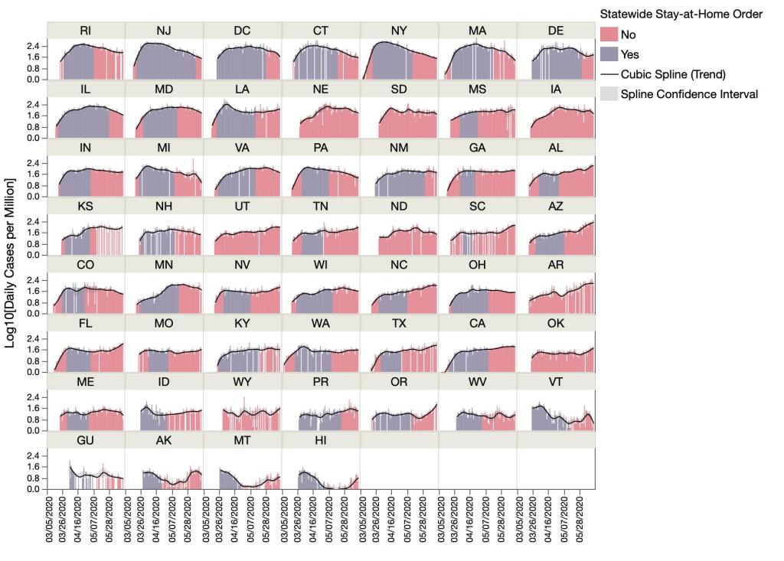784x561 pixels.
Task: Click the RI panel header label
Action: tap(86, 30)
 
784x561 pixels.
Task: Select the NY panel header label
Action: tap(399, 30)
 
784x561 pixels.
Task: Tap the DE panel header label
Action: tap(556, 30)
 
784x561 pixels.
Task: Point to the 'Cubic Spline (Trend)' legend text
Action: tap(675, 74)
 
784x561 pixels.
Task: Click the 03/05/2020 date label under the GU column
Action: tap(51, 520)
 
